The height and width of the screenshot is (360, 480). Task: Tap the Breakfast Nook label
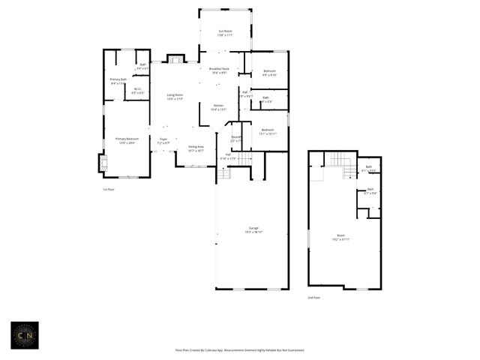pyautogui.click(x=218, y=70)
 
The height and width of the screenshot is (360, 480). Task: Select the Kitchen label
pyautogui.click(x=218, y=107)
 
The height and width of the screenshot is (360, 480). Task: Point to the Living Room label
pyautogui.click(x=175, y=97)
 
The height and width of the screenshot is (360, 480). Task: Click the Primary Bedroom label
pyautogui.click(x=127, y=140)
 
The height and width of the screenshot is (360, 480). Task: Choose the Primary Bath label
pyautogui.click(x=118, y=81)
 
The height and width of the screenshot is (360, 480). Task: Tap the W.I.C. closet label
pyautogui.click(x=138, y=91)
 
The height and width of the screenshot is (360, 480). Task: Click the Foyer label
pyautogui.click(x=163, y=140)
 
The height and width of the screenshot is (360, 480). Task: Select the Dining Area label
pyautogui.click(x=196, y=148)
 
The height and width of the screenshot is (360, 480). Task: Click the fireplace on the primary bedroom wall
pyautogui.click(x=102, y=163)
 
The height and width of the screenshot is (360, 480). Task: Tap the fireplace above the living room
pyautogui.click(x=175, y=58)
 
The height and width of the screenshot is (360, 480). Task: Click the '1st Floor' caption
pyautogui.click(x=109, y=190)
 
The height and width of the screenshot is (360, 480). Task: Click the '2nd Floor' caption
pyautogui.click(x=314, y=298)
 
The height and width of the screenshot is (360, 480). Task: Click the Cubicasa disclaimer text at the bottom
pyautogui.click(x=239, y=349)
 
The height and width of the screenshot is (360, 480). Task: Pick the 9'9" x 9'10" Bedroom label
pyautogui.click(x=269, y=73)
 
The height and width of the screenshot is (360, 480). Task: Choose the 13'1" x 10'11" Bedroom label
pyautogui.click(x=268, y=132)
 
